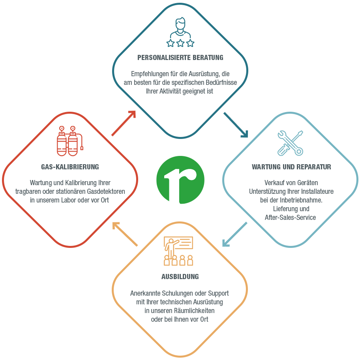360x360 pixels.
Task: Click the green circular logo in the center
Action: [180, 180]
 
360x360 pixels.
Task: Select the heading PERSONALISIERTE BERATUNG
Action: [180, 57]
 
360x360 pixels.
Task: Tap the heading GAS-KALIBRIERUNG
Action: [70, 167]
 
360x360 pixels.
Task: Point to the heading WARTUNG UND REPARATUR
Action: [291, 167]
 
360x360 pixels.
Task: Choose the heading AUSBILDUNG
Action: [180, 276]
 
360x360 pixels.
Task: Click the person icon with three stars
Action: [180, 32]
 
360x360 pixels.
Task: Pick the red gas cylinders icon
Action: [70, 141]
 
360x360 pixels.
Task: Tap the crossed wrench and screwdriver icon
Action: [290, 143]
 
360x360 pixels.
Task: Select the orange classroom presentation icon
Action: [178, 251]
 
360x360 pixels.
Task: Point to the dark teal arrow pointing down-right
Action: [236, 125]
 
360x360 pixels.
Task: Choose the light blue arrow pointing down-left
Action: [234, 234]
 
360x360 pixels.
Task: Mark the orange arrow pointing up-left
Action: [125, 234]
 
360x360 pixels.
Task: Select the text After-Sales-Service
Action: [290, 217]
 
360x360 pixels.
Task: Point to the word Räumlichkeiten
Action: [194, 311]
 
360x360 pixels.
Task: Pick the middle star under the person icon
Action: [180, 43]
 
